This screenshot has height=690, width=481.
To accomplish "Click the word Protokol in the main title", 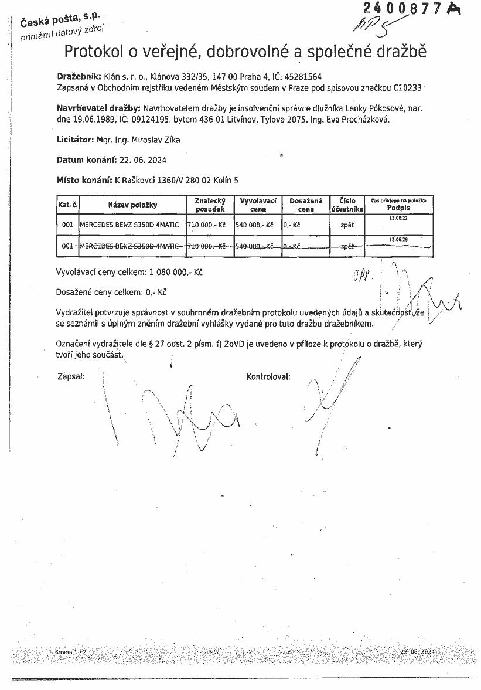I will pyautogui.click(x=96, y=52).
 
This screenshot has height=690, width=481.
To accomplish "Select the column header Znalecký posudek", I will pyautogui.click(x=210, y=205).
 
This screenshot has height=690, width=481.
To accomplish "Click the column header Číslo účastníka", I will pyautogui.click(x=347, y=205).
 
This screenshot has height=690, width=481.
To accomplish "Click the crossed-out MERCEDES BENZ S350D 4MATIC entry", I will pyautogui.click(x=129, y=246).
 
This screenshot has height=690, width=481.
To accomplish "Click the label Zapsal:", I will pyautogui.click(x=71, y=376).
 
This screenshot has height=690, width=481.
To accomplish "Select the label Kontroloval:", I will pyautogui.click(x=268, y=376).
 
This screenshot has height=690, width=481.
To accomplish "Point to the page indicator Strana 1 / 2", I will pyautogui.click(x=71, y=651).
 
